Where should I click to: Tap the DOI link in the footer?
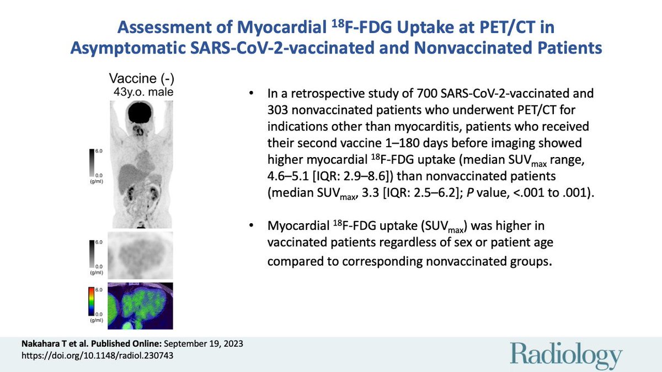[97, 355]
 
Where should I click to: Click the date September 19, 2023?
[204, 344]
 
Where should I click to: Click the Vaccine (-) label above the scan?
[142, 78]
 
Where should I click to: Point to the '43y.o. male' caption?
[143, 92]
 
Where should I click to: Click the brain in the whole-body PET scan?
[140, 112]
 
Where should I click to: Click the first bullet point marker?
[251, 94]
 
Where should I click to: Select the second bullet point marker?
[251, 226]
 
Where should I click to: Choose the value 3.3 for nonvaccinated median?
[370, 193]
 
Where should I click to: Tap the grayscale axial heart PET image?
[140, 255]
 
